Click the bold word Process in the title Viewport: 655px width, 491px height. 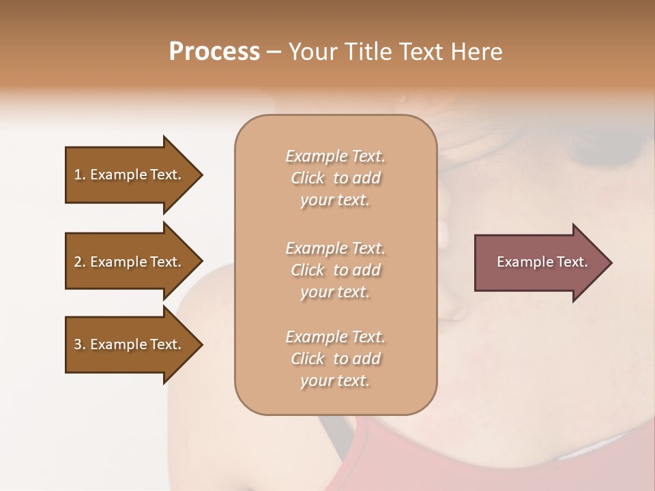pyautogui.click(x=214, y=52)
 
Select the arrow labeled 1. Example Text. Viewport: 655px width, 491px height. pyautogui.click(x=130, y=175)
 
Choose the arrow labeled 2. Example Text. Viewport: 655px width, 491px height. pyautogui.click(x=130, y=262)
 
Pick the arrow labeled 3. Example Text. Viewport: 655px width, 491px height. pyautogui.click(x=130, y=344)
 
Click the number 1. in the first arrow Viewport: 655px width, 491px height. pyautogui.click(x=80, y=175)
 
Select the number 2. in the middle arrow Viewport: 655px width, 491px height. pyautogui.click(x=80, y=262)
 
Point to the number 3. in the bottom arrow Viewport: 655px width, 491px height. pyautogui.click(x=80, y=344)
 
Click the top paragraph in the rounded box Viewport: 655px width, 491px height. pyautogui.click(x=335, y=178)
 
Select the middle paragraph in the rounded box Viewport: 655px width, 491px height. pyautogui.click(x=335, y=270)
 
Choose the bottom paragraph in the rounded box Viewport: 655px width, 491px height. pyautogui.click(x=335, y=359)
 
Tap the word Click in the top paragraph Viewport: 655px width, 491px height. pyautogui.click(x=307, y=178)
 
